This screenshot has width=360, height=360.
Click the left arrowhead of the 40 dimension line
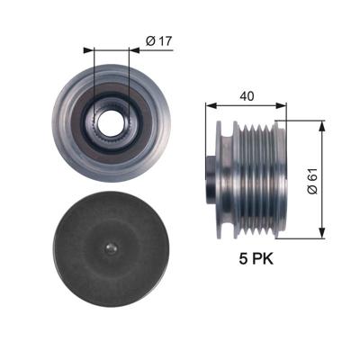pyautogui.click(x=213, y=106)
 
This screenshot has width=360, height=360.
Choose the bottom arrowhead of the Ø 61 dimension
pyautogui.click(x=322, y=236)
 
